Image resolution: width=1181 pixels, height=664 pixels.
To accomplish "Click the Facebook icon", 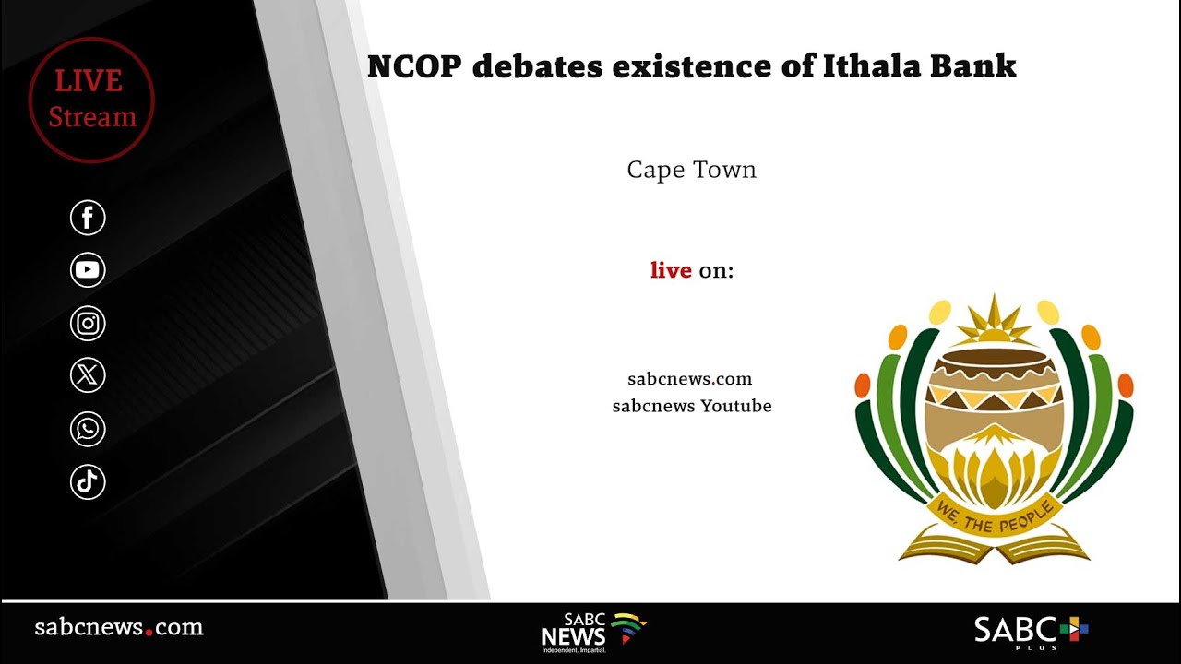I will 89,219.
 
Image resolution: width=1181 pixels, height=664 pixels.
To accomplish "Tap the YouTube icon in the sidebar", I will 89,270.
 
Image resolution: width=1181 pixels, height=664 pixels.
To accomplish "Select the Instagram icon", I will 89,324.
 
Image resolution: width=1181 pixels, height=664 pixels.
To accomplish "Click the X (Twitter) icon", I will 89,375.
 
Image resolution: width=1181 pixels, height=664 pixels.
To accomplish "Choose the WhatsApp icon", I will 89,429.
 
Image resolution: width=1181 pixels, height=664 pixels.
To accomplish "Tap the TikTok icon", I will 89,482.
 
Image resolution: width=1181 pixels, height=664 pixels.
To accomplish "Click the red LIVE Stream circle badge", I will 91,100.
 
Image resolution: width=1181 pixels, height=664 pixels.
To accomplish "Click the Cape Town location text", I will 691,171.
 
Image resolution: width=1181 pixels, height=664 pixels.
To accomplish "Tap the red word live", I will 671,270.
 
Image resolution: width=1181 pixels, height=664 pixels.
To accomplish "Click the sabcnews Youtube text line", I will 692,406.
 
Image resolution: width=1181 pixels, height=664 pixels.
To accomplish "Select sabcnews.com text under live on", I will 690,379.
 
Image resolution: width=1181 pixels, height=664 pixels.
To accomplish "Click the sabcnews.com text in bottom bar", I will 119,628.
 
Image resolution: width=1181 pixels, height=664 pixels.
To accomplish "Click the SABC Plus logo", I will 1031,632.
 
